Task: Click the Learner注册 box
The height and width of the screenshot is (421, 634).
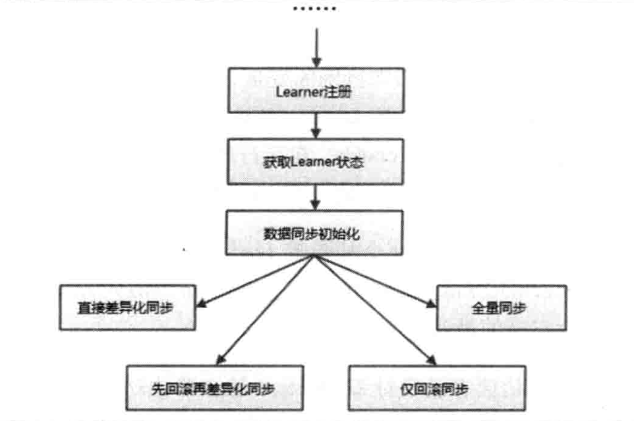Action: pyautogui.click(x=316, y=90)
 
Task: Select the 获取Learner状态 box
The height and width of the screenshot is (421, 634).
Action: pyautogui.click(x=316, y=161)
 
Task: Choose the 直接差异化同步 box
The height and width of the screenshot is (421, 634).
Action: pyautogui.click(x=127, y=308)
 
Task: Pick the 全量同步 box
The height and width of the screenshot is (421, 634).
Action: pyautogui.click(x=500, y=308)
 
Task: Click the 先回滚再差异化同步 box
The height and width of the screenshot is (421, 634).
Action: pyautogui.click(x=207, y=387)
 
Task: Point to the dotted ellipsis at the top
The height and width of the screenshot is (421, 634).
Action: pyautogui.click(x=314, y=10)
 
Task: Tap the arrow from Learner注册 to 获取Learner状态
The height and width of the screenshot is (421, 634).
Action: pyautogui.click(x=316, y=125)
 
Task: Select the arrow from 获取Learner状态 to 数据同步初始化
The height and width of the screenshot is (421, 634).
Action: pyautogui.click(x=316, y=197)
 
